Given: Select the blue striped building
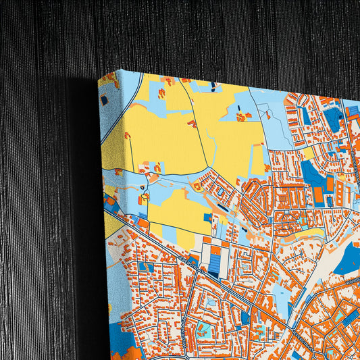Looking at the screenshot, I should click(215, 259).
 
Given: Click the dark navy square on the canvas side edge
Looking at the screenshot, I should click(104, 100).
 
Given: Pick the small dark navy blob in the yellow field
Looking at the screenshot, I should click(213, 86).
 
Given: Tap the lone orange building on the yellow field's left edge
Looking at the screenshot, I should click(127, 136).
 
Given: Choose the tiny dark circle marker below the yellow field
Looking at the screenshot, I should click(143, 187).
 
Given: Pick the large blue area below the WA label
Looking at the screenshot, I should click(346, 260).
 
